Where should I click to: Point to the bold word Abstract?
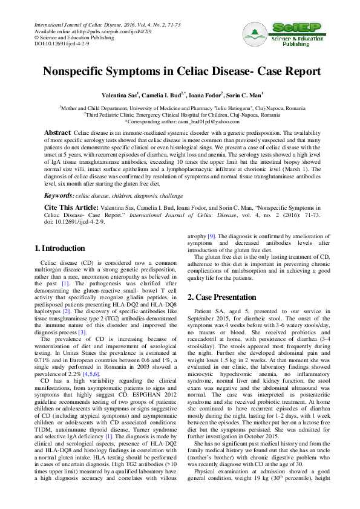point(58,132)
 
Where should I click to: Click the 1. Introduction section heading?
point(59,248)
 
